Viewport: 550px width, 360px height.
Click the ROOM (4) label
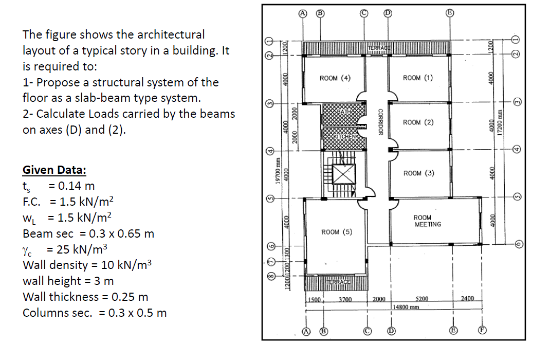[335, 78]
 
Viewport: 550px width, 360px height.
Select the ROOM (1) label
[418, 78]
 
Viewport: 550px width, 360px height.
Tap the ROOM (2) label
[418, 122]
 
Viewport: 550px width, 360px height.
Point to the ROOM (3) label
[418, 173]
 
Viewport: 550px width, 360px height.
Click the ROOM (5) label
[336, 232]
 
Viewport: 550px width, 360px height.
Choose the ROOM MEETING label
[427, 221]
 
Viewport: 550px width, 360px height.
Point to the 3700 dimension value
[345, 299]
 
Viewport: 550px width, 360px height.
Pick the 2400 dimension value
[468, 298]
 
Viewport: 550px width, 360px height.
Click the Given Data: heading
[54, 170]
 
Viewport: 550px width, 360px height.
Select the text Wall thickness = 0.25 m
[85, 297]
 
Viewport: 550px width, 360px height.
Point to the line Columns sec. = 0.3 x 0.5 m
[95, 313]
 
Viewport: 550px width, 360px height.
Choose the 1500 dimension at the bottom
[314, 299]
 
